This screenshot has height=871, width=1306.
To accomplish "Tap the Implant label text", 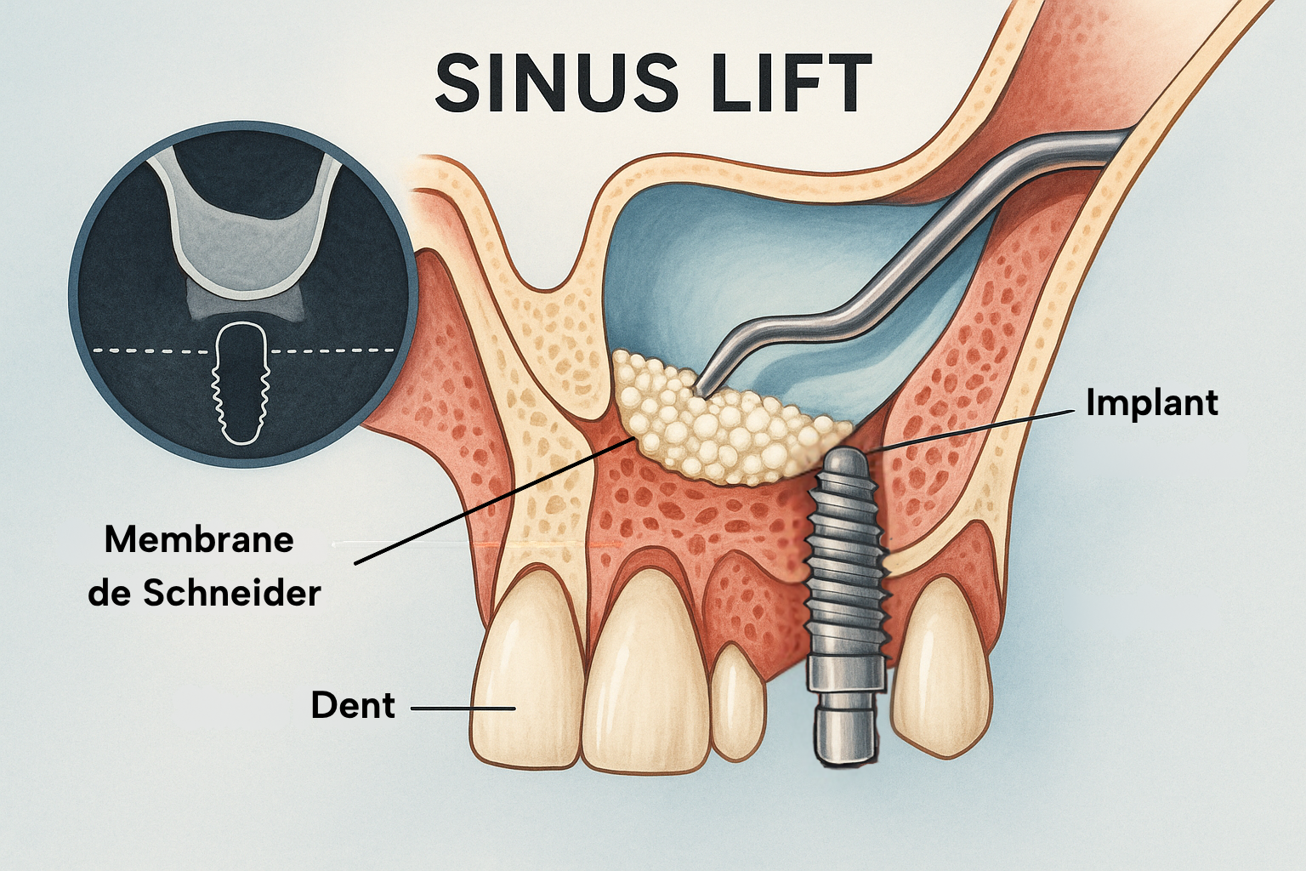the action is coord(1151,402).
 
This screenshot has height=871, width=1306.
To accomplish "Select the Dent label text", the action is coord(353,705).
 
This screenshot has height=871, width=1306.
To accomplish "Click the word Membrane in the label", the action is coord(199,539).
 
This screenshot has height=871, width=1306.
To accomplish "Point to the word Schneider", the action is coord(231,593).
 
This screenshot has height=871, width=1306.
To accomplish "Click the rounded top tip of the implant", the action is coord(846,464).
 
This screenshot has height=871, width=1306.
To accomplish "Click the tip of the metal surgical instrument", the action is coord(702,391).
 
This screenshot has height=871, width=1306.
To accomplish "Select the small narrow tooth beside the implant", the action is coord(736,702).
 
